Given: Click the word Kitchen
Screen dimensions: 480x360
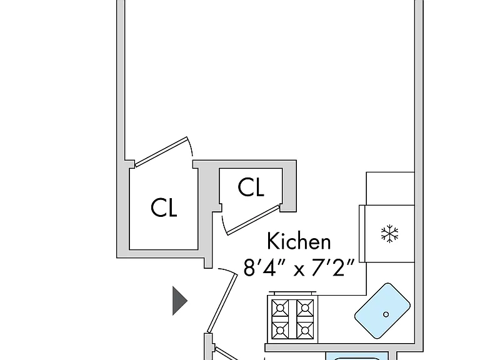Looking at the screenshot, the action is tap(299, 241).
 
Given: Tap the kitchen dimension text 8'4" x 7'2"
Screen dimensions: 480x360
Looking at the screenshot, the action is tap(299, 268).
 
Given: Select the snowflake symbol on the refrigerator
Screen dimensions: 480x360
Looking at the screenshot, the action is tap(390, 234).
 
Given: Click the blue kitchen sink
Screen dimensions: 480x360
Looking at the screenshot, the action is tap(382, 311).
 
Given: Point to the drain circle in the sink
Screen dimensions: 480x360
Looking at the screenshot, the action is tap(386, 314).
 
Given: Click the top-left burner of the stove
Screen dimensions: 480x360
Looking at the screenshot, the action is tap(280, 307).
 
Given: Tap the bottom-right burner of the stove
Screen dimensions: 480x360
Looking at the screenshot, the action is tap(305, 331).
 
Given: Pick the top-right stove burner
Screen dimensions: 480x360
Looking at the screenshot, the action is tap(305, 307).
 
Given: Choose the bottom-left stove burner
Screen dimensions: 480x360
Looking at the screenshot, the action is tap(280, 331).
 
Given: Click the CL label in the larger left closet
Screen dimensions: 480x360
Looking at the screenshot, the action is tap(164, 208).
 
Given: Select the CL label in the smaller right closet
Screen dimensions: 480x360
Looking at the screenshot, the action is tap(251, 187).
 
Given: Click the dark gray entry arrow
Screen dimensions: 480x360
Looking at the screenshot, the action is tap(180, 301).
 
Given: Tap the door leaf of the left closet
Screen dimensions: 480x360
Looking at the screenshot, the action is tap(161, 152).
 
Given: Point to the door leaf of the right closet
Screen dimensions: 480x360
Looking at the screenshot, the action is tap(253, 220).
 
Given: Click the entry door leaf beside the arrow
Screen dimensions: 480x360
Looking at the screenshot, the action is tap(222, 303).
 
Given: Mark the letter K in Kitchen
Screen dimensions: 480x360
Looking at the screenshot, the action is tap(272, 241).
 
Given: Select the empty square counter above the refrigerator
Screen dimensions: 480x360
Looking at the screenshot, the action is tap(390, 189).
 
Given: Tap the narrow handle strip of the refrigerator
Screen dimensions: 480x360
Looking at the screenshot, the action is tap(362, 234).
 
